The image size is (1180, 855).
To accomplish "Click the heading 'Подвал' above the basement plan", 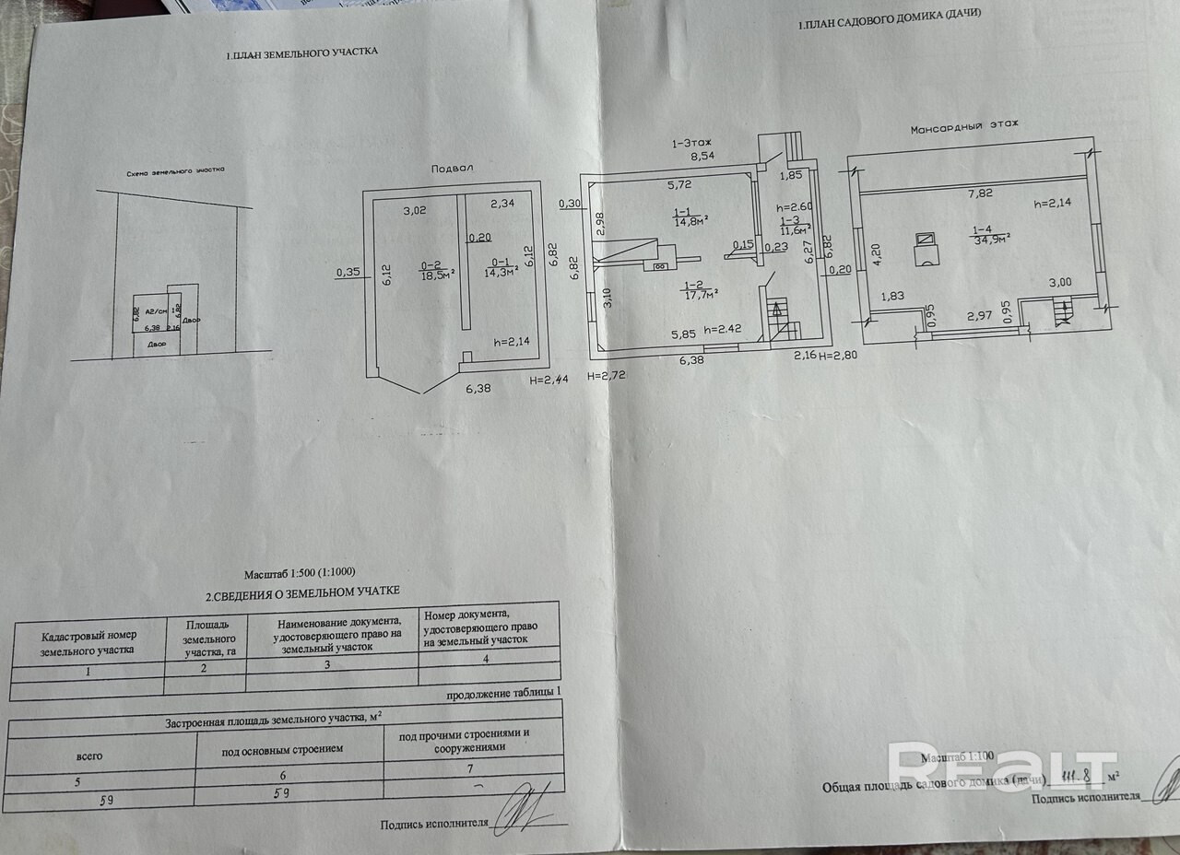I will [x=452, y=170].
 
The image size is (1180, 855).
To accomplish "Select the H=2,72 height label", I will [x=611, y=375].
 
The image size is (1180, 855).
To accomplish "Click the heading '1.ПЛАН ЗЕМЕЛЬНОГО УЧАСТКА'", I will [x=301, y=55].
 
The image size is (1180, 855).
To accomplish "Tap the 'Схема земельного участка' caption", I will [x=176, y=171].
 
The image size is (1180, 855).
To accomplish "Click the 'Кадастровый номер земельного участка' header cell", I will [x=88, y=642].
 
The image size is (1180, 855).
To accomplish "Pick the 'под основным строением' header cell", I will [x=282, y=749].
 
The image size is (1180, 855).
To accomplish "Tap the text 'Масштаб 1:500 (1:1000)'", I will [x=299, y=572].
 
